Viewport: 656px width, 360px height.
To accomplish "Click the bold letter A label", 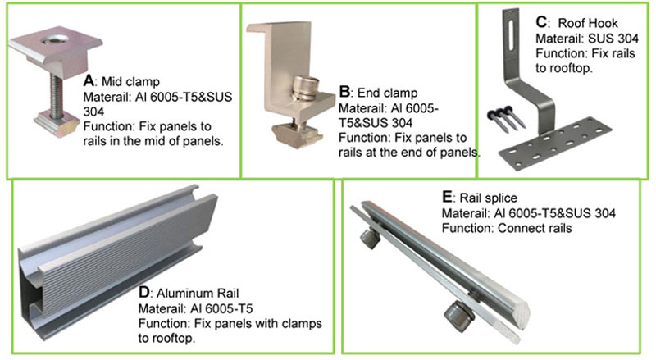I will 89,82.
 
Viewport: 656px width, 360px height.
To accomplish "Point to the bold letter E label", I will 446,198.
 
